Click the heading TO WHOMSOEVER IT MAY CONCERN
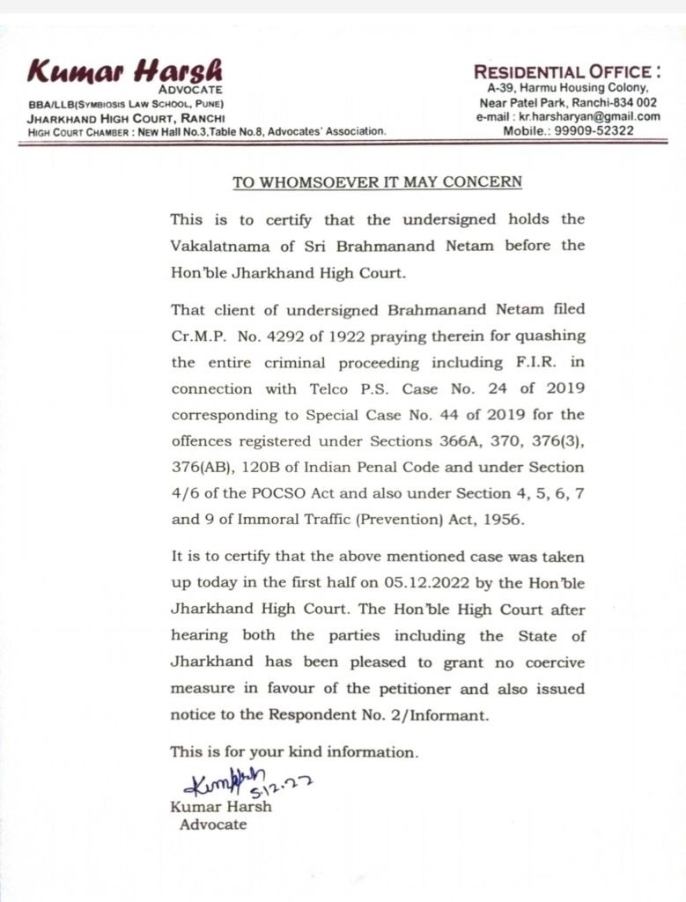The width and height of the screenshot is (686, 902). (377, 182)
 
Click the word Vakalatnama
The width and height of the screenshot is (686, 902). (214, 245)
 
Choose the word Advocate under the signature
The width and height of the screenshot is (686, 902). (213, 824)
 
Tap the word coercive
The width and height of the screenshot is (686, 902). (547, 662)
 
